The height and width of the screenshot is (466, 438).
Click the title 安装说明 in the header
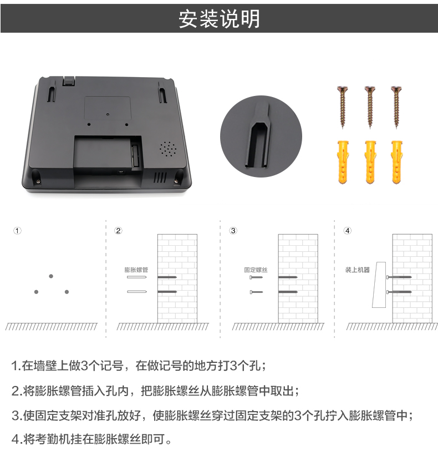point(219,19)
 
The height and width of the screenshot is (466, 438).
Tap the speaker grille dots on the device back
point(168,149)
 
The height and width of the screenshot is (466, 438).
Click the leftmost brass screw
point(343,107)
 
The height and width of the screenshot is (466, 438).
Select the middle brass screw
point(370,107)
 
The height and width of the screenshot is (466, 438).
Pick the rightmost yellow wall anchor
point(397,162)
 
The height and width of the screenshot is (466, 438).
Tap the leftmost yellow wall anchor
point(343,162)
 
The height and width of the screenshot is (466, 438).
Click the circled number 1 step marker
point(17,231)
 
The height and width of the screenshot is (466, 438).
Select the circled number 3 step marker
point(233,231)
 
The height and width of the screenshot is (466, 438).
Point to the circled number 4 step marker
point(348,231)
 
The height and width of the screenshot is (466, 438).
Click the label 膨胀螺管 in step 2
point(136,270)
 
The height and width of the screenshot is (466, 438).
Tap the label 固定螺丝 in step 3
point(256,270)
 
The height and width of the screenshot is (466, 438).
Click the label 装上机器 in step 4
point(357,270)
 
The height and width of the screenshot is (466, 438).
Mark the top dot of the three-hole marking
point(51,276)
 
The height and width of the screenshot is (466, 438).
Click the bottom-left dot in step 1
point(36,292)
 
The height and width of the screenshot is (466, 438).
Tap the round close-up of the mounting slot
point(261,136)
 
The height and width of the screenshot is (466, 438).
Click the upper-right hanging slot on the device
point(162,93)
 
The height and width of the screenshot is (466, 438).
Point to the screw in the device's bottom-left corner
point(38,181)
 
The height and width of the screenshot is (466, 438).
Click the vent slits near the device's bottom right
point(160,178)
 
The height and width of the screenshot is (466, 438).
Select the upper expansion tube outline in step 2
point(136,277)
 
